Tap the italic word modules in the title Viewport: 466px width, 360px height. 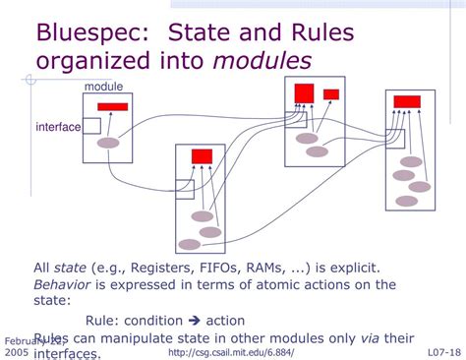click(x=263, y=61)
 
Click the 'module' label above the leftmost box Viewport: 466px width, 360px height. click(x=103, y=88)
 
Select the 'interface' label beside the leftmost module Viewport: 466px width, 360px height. click(x=58, y=127)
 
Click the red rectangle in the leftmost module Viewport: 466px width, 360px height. click(x=113, y=106)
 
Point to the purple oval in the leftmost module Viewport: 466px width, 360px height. click(x=108, y=144)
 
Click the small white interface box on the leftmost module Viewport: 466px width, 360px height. click(x=91, y=125)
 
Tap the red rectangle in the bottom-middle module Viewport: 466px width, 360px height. click(x=202, y=155)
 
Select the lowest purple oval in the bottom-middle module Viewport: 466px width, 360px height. click(x=189, y=244)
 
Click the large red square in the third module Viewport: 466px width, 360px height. click(x=304, y=93)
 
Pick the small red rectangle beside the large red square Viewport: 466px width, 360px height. click(x=331, y=94)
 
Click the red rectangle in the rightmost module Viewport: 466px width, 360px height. click(x=407, y=101)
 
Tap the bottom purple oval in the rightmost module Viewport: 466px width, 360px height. click(x=406, y=202)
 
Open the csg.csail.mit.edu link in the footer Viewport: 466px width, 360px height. click(x=230, y=352)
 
